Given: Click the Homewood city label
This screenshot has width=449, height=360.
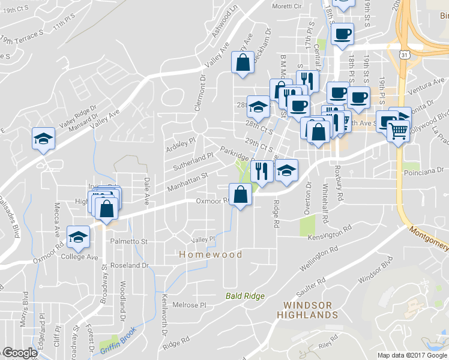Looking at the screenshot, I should [211, 254].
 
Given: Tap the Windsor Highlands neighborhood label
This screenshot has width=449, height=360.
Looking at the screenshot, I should [307, 310].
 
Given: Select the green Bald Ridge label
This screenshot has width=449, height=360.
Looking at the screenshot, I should [245, 296].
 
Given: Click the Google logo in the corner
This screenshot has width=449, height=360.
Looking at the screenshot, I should [19, 353].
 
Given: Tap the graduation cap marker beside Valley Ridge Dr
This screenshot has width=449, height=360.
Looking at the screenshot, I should [43, 139].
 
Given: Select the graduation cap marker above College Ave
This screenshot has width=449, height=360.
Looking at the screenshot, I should [78, 237].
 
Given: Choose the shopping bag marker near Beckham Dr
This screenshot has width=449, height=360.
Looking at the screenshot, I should [242, 63].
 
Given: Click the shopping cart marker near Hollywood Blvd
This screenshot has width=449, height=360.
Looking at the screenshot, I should [399, 130].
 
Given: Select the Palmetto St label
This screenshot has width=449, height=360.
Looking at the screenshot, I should [129, 241].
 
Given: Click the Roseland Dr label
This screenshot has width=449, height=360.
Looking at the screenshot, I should [129, 265].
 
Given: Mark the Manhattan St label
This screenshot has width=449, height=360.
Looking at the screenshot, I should [186, 179].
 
